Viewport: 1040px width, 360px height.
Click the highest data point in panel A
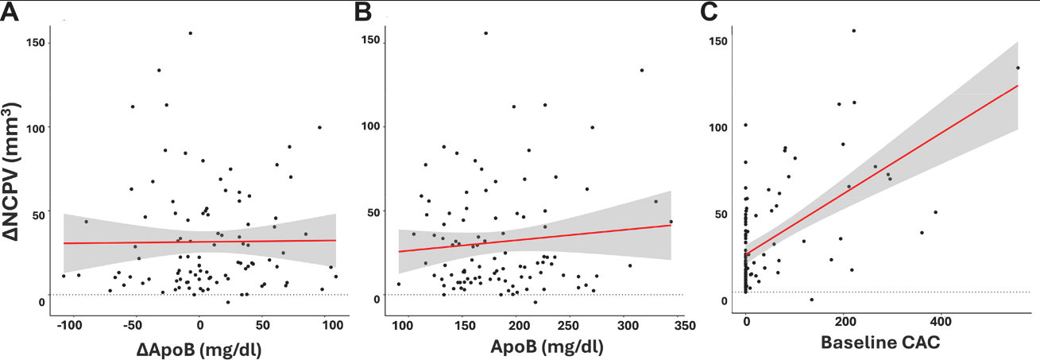coord(191,33)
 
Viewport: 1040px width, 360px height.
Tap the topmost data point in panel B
coord(485,33)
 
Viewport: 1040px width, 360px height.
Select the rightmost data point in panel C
coord(1017,68)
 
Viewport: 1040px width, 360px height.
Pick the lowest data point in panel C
coord(811,299)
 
